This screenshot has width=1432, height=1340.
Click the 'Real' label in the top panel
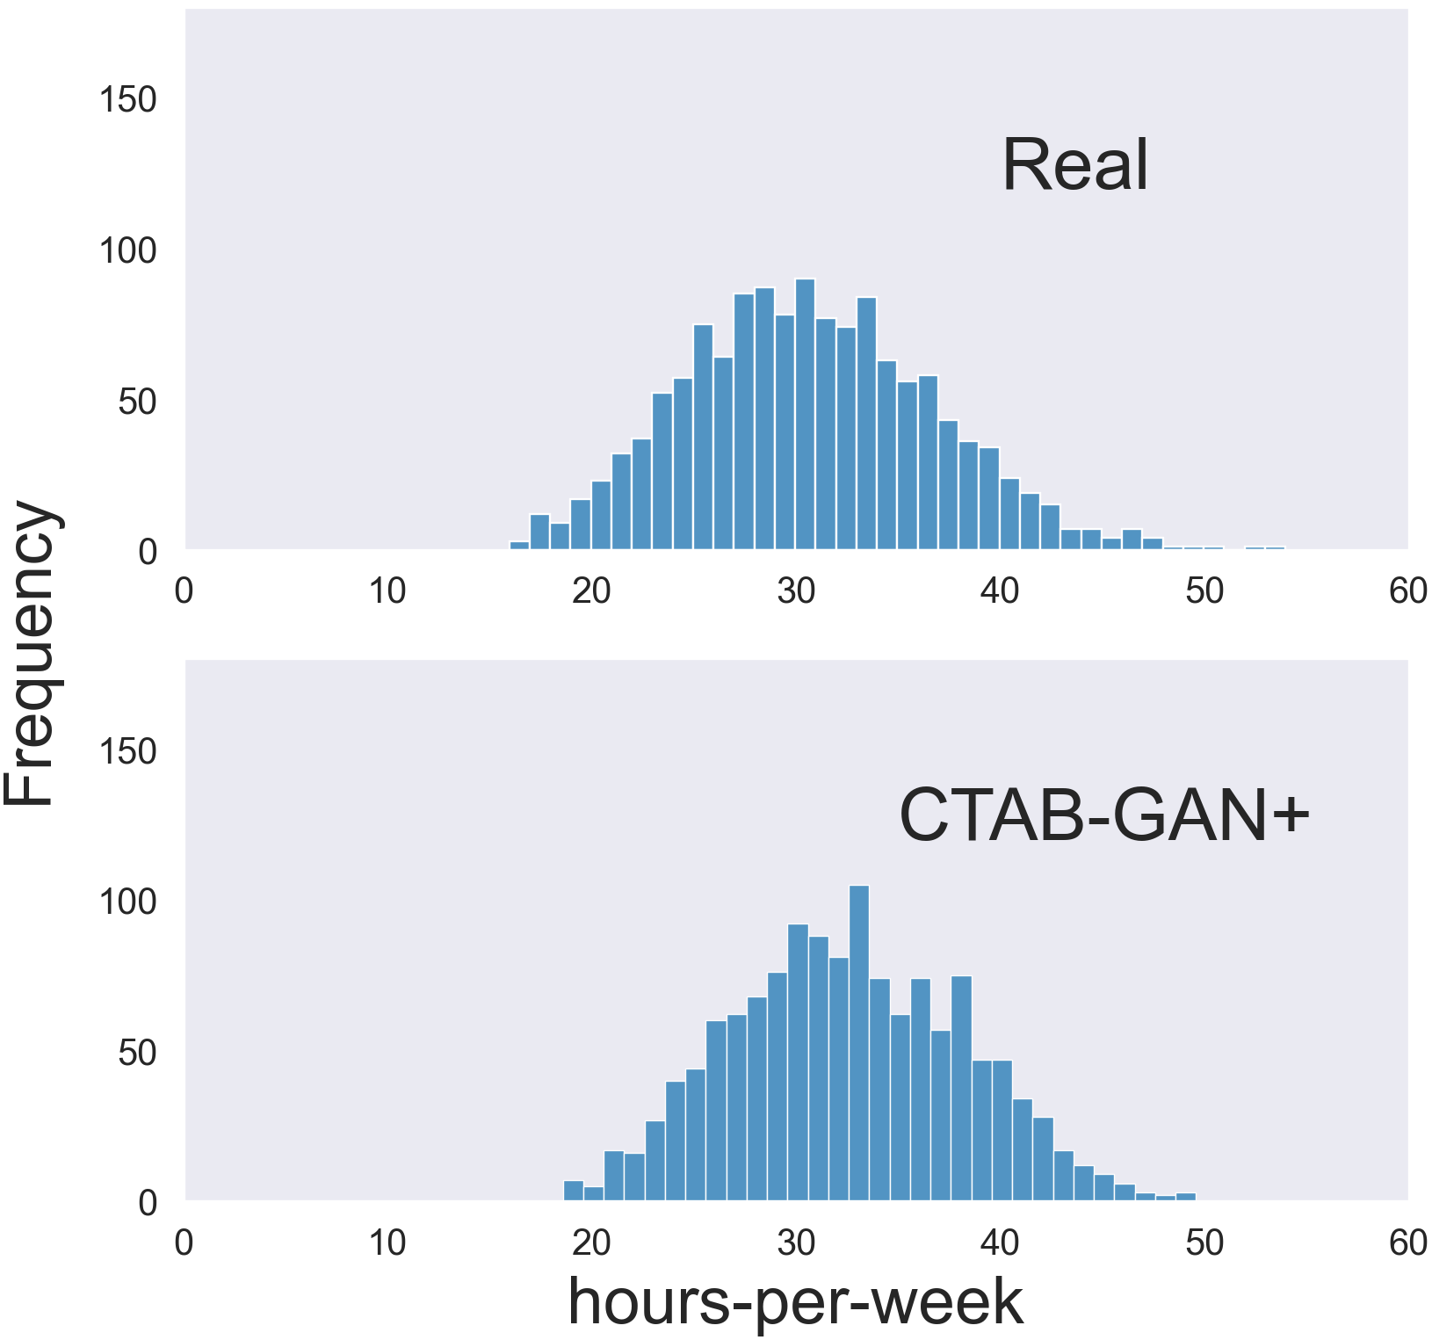(x=1074, y=165)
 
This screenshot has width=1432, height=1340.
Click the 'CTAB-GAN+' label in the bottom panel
(x=1104, y=816)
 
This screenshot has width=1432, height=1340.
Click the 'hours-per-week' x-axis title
(x=795, y=1301)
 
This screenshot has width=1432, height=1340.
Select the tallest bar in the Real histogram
(x=805, y=414)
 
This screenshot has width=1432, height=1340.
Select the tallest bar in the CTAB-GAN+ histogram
(x=858, y=1042)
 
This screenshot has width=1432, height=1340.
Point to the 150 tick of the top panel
(x=127, y=100)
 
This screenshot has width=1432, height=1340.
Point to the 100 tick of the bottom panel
(x=127, y=902)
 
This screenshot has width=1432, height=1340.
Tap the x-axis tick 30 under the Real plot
(x=796, y=591)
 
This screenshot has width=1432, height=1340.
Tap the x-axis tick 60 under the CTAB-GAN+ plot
(x=1407, y=1242)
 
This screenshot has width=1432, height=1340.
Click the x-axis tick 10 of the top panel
(x=387, y=591)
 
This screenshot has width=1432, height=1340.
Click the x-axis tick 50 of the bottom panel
(x=1204, y=1242)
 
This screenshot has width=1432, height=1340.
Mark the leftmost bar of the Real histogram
(x=519, y=546)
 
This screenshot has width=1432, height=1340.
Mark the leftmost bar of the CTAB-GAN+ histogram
(x=573, y=1191)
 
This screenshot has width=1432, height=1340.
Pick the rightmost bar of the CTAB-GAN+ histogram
(x=1185, y=1196)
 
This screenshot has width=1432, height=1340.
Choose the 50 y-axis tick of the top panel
(x=138, y=402)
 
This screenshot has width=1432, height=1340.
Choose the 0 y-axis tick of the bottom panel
(x=148, y=1203)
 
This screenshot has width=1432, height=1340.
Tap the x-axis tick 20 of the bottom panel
(x=591, y=1242)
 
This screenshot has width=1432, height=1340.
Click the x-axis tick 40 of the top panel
(x=1000, y=591)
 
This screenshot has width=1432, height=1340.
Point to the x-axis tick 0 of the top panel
(x=184, y=591)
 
